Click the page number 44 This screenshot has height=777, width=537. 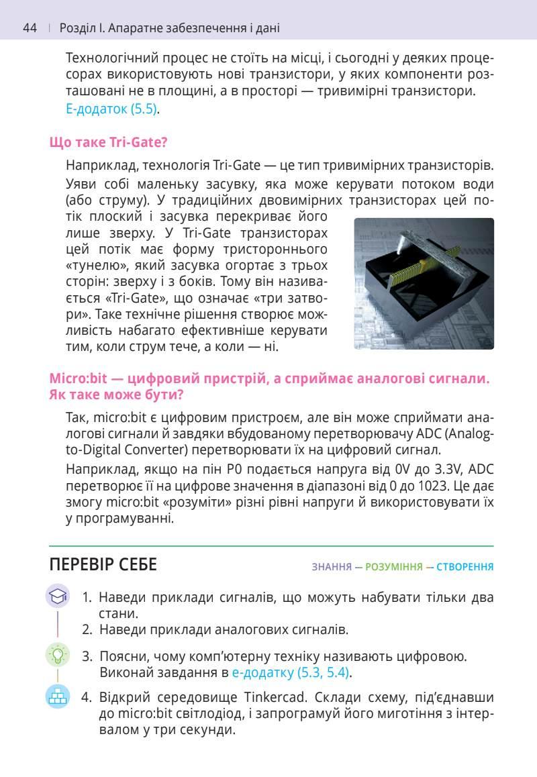coord(30,28)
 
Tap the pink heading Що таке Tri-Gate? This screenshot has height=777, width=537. coord(108,143)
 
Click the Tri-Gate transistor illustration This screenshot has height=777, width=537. coord(424,283)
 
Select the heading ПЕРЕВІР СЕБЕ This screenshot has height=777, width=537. coord(103,565)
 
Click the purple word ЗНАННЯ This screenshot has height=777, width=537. coord(332,567)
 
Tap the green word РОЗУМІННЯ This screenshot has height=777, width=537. coord(394,567)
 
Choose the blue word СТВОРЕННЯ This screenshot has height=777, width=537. coord(465,567)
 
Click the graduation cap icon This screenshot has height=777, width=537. coord(58,596)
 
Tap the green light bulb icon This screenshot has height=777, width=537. coord(58,654)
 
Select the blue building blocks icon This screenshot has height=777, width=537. coord(58,696)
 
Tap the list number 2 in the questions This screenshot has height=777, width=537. coord(87,630)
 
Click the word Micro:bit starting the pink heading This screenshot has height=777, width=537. coord(74,378)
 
